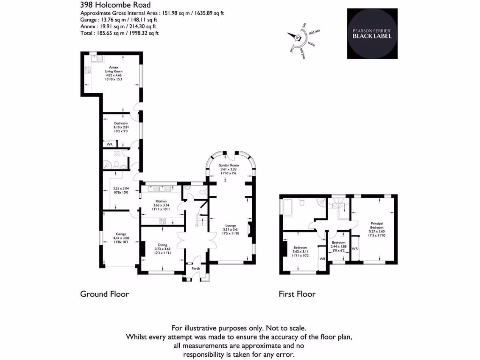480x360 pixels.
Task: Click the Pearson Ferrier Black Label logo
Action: (x=372, y=33)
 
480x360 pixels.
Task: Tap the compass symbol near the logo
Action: (x=297, y=37)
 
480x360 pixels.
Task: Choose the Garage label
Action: (x=121, y=234)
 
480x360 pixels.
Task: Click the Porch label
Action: (x=196, y=269)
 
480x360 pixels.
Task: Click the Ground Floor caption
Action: (x=105, y=294)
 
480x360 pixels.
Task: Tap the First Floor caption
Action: (x=297, y=294)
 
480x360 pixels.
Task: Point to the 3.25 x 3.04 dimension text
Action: (x=121, y=188)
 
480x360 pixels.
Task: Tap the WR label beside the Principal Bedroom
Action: (x=354, y=248)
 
